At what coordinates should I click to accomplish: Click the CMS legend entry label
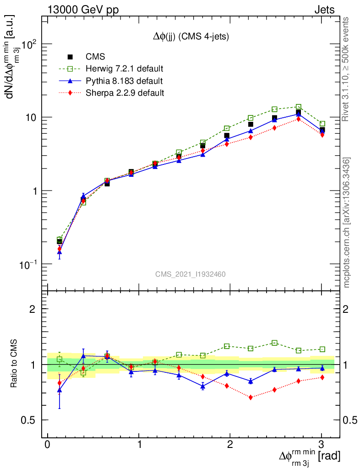click(x=95, y=57)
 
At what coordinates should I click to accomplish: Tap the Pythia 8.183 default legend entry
click(x=124, y=81)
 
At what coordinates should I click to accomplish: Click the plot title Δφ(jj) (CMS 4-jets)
click(x=191, y=37)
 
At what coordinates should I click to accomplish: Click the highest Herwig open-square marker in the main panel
click(x=299, y=107)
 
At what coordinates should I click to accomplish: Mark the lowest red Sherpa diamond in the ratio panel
click(x=251, y=397)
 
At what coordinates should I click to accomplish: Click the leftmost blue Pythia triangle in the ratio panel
click(x=60, y=390)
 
